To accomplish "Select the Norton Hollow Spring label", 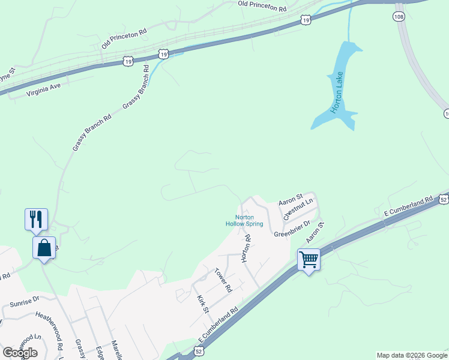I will click(244, 220).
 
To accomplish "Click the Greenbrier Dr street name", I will click(292, 229).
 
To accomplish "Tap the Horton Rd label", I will click(246, 248).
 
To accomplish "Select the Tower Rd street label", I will click(223, 280).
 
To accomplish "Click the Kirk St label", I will click(202, 303).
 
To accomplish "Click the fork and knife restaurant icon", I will click(36, 220).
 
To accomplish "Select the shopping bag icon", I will click(45, 248).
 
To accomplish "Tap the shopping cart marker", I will click(309, 260).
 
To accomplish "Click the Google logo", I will click(20, 352).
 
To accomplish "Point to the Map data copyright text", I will click(412, 355).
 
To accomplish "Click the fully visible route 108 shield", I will click(399, 16).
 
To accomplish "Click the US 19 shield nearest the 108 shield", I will click(306, 20).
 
